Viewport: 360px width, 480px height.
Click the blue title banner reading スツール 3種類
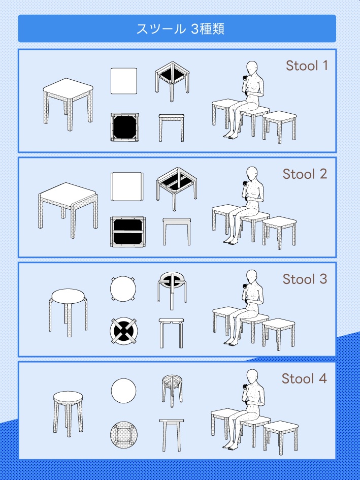[x=177, y=28]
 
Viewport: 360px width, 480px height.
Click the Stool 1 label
[x=307, y=66]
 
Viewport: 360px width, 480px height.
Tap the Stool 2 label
[x=305, y=174]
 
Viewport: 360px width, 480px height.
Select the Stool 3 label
[x=305, y=279]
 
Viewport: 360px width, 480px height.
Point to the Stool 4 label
[x=304, y=378]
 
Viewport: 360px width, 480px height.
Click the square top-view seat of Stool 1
[x=124, y=81]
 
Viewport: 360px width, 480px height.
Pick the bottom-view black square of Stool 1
[x=124, y=127]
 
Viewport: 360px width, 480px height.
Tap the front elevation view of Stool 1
[x=172, y=128]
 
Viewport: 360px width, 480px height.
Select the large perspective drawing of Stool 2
[x=68, y=210]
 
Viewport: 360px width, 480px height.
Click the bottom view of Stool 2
[x=127, y=232]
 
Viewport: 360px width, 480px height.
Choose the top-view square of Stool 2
[x=127, y=186]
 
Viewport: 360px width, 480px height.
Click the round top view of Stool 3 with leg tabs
[x=123, y=289]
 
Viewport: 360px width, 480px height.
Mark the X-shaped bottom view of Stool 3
[x=124, y=331]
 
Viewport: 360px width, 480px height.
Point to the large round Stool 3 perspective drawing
[x=68, y=312]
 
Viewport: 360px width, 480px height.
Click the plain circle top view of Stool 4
[x=123, y=391]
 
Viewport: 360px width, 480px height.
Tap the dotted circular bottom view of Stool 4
[x=124, y=435]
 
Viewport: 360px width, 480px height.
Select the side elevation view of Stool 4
[x=172, y=435]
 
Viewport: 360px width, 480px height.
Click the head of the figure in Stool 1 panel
[x=252, y=68]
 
